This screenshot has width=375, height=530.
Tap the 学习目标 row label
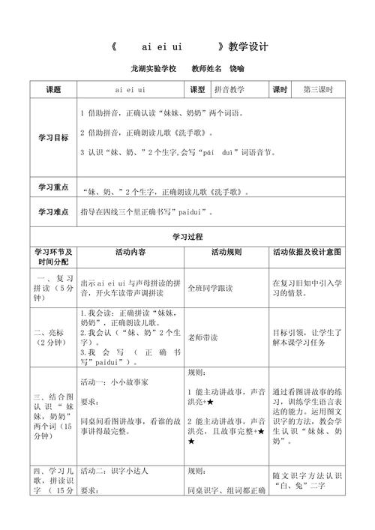point(52,139)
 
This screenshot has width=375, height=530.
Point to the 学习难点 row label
point(52,212)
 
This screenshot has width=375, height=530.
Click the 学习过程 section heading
point(187,235)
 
